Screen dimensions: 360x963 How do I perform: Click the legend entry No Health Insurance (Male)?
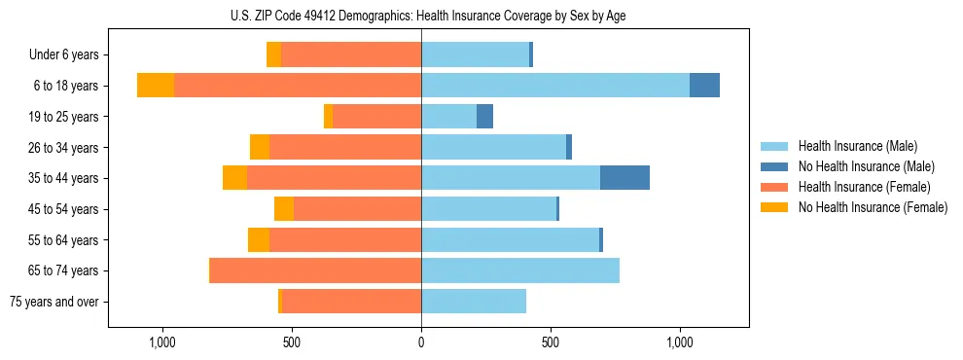pos(866,166)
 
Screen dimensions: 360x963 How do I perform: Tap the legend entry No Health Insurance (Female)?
pos(873,207)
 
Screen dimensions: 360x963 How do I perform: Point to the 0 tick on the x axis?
pos(421,342)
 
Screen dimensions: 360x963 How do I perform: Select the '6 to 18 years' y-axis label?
pos(65,86)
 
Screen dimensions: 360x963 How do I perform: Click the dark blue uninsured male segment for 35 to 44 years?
pos(624,178)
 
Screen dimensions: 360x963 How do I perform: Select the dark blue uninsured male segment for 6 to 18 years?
pos(704,86)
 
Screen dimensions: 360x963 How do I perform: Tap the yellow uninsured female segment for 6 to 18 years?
pos(156,86)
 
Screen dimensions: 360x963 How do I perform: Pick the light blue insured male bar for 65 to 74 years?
pos(520,270)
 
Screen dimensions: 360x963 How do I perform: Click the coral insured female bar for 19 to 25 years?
pos(376,117)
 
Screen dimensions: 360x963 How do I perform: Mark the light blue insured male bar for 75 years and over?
pos(474,302)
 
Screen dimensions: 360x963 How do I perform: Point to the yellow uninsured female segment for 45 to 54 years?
pos(284,209)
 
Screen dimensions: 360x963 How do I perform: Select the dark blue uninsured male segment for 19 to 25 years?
pos(484,117)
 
